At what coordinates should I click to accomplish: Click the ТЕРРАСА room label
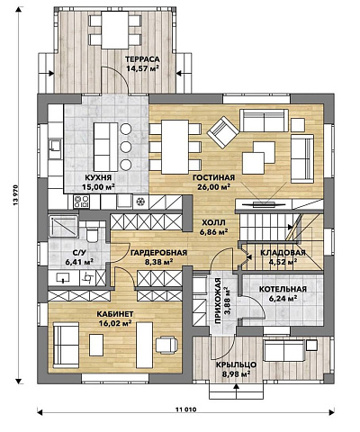(x=142, y=59)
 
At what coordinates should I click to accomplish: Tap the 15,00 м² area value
(x=99, y=187)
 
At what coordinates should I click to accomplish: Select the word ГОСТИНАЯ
(x=213, y=177)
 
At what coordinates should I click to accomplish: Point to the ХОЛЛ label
(x=213, y=222)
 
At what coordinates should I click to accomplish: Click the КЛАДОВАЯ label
(x=283, y=253)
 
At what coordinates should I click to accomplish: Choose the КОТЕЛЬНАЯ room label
(x=283, y=289)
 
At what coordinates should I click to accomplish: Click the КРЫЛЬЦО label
(x=237, y=364)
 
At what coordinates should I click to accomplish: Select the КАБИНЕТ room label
(x=115, y=314)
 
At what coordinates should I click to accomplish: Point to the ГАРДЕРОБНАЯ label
(x=158, y=253)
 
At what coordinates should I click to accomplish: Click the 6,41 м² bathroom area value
(x=79, y=262)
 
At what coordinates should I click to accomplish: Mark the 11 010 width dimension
(x=186, y=409)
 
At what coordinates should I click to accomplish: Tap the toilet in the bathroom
(x=93, y=232)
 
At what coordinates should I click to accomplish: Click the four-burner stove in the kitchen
(x=82, y=202)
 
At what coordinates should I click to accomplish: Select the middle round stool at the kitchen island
(x=126, y=147)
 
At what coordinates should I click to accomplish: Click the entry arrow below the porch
(x=237, y=391)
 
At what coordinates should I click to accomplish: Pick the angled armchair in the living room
(x=223, y=132)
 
